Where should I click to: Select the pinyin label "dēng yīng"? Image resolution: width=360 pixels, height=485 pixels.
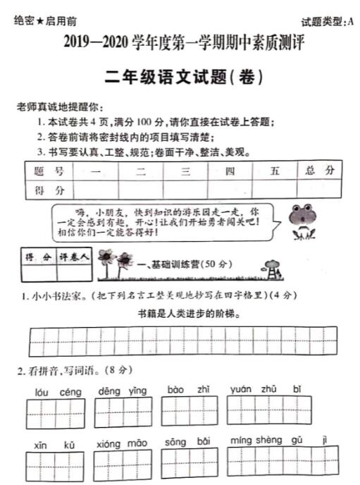tap(122, 391)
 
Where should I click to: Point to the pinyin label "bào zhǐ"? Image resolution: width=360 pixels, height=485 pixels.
tap(188, 389)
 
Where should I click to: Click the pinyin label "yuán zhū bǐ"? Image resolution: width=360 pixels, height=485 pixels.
tap(266, 389)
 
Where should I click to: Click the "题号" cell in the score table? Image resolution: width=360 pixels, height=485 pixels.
tap(48, 172)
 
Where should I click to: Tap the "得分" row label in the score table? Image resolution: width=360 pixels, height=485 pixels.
tap(48, 190)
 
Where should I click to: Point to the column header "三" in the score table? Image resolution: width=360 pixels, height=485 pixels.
tap(186, 172)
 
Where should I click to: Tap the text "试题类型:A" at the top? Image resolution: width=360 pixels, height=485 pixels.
tap(326, 22)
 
